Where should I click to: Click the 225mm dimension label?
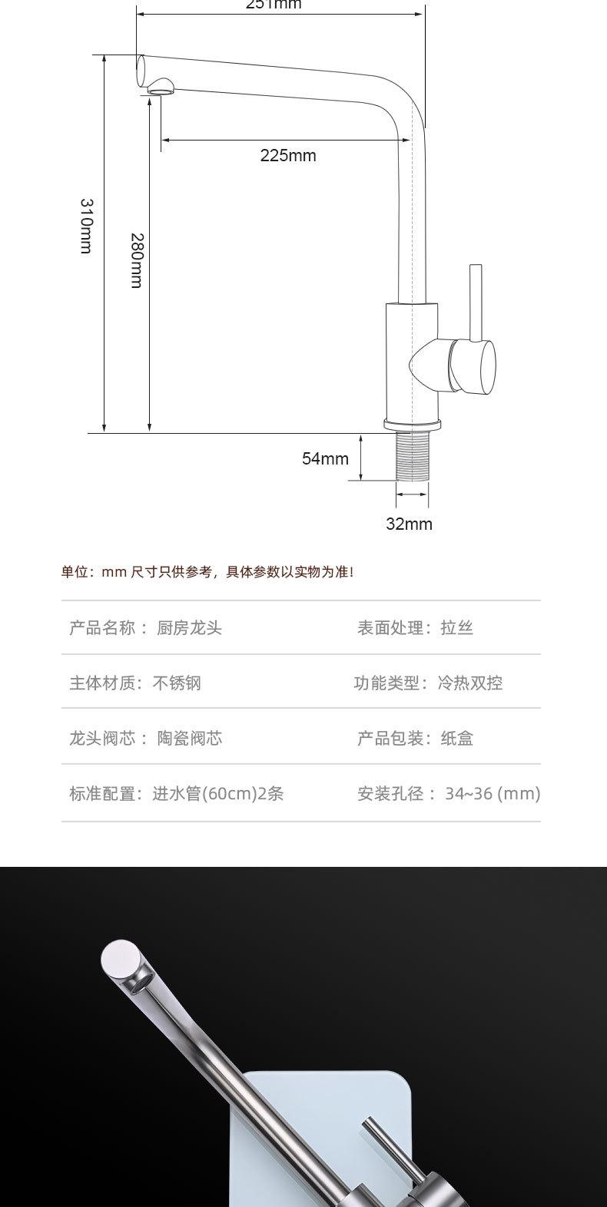coord(288,156)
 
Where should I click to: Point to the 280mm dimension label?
coord(136,260)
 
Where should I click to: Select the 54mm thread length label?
coord(325,459)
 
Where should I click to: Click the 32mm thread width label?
coord(409,524)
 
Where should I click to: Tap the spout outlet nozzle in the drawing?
coord(161,88)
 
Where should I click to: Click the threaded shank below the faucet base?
coord(412,458)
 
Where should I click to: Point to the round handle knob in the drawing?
coord(473,366)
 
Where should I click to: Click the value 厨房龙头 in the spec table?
coord(189,628)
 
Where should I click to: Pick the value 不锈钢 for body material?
coord(177,683)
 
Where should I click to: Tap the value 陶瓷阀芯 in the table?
coord(190,739)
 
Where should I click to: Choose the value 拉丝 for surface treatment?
coord(456,628)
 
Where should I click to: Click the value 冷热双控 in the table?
coord(470,683)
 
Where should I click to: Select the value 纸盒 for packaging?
coord(456,739)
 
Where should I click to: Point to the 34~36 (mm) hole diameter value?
coord(493,794)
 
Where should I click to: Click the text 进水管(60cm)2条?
coord(218,794)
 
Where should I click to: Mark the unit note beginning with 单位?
coord(207,572)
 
